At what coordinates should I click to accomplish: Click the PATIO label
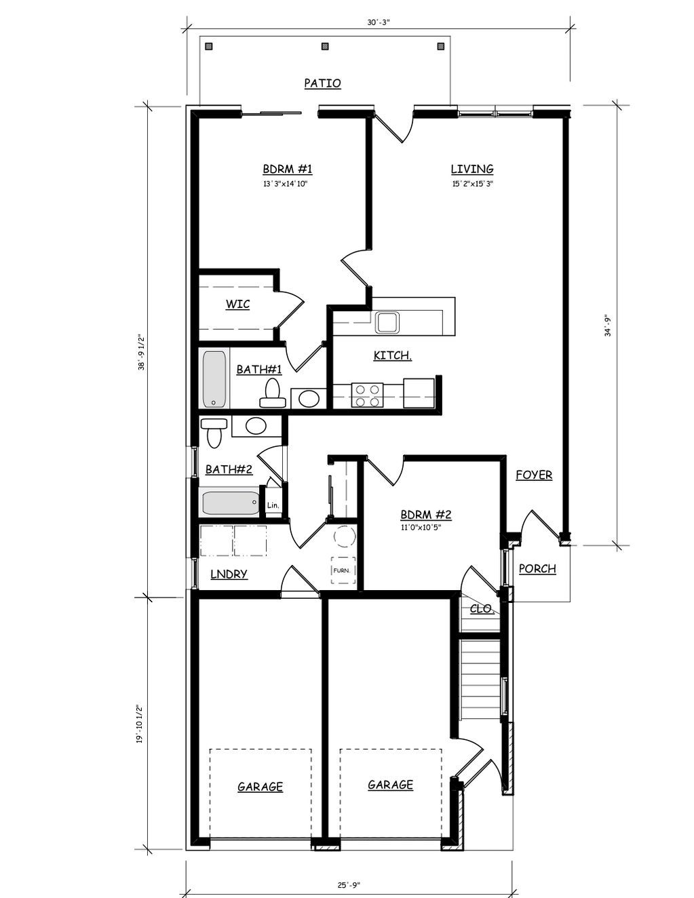[322, 83]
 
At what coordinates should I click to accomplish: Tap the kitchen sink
[387, 322]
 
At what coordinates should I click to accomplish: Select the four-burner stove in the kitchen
[367, 395]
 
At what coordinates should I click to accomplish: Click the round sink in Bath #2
[256, 426]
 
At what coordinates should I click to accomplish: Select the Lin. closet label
[273, 505]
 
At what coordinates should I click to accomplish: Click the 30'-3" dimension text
[379, 22]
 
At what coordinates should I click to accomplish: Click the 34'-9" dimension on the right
[608, 326]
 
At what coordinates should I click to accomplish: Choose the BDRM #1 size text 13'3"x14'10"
[285, 184]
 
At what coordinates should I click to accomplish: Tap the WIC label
[237, 305]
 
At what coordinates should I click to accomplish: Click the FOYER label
[534, 475]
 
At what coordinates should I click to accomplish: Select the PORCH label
[537, 568]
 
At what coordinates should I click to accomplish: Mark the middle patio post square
[325, 46]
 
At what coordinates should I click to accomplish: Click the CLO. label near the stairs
[482, 608]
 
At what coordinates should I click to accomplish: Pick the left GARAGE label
[260, 786]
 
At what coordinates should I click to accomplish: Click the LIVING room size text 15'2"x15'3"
[473, 184]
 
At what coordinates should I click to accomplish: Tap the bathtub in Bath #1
[214, 379]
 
